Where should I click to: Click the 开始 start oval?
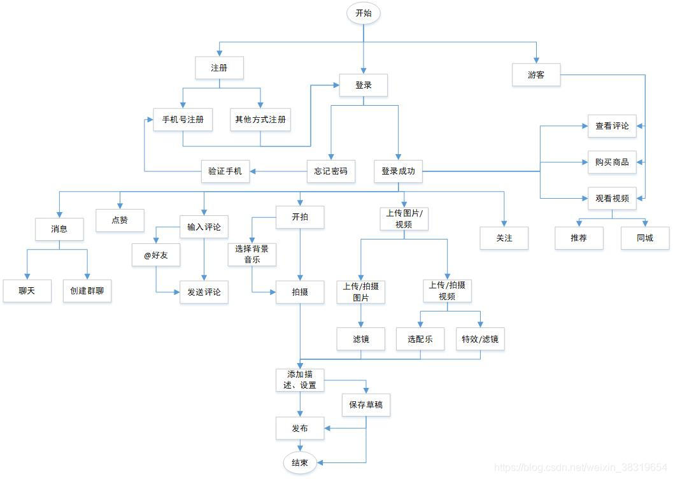(364, 13)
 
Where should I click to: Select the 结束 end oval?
(299, 462)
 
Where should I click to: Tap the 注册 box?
(219, 68)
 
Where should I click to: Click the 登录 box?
(363, 85)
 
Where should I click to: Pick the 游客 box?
(536, 75)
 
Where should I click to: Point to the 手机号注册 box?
(183, 120)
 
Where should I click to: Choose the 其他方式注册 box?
(260, 120)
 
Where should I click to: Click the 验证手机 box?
(225, 171)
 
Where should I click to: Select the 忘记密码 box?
(330, 171)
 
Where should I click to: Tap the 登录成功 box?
(398, 171)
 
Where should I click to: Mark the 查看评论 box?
(612, 126)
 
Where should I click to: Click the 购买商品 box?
(612, 162)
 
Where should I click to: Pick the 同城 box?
(644, 238)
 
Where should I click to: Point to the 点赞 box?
(120, 220)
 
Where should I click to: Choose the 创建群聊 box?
(87, 291)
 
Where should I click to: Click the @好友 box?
(156, 255)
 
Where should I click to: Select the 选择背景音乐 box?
(252, 254)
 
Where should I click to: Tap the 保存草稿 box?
(366, 405)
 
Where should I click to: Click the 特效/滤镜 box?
(480, 340)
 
